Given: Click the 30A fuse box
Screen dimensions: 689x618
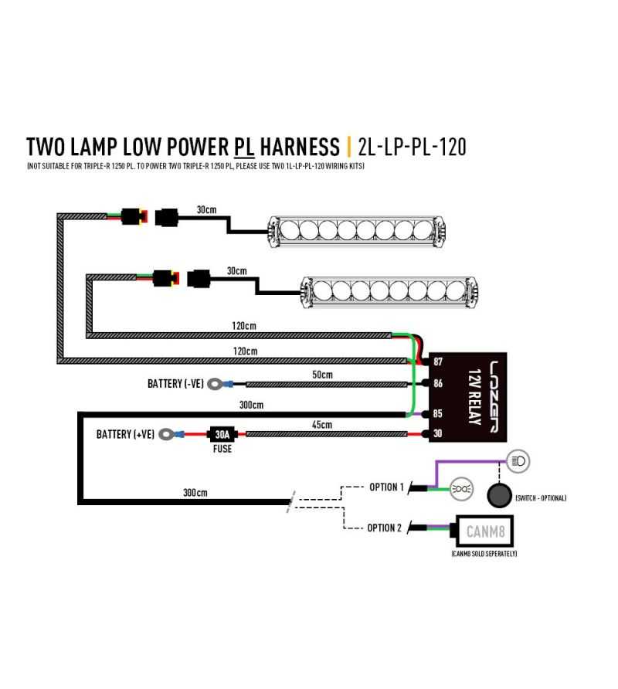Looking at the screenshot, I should click(221, 434).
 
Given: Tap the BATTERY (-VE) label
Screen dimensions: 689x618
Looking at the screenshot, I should click(175, 383).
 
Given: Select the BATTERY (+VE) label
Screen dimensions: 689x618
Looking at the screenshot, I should click(124, 434).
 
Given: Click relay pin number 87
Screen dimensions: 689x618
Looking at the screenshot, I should click(437, 361).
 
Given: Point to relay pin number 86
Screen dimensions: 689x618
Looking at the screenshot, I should click(437, 383).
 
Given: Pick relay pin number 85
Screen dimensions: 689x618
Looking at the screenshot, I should click(437, 414).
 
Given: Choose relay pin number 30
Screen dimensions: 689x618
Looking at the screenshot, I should click(437, 434).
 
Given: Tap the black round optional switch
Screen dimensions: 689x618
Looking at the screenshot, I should click(499, 494).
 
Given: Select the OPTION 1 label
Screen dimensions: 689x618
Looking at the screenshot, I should click(386, 487).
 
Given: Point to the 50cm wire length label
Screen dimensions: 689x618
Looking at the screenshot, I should click(321, 375).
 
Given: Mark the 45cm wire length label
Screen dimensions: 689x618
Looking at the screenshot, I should click(321, 425).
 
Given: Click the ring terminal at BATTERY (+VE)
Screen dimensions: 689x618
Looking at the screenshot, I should click(165, 435).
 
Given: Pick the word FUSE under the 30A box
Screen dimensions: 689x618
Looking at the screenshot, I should click(222, 449).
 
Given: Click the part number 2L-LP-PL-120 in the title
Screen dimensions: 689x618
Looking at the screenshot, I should click(413, 146).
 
